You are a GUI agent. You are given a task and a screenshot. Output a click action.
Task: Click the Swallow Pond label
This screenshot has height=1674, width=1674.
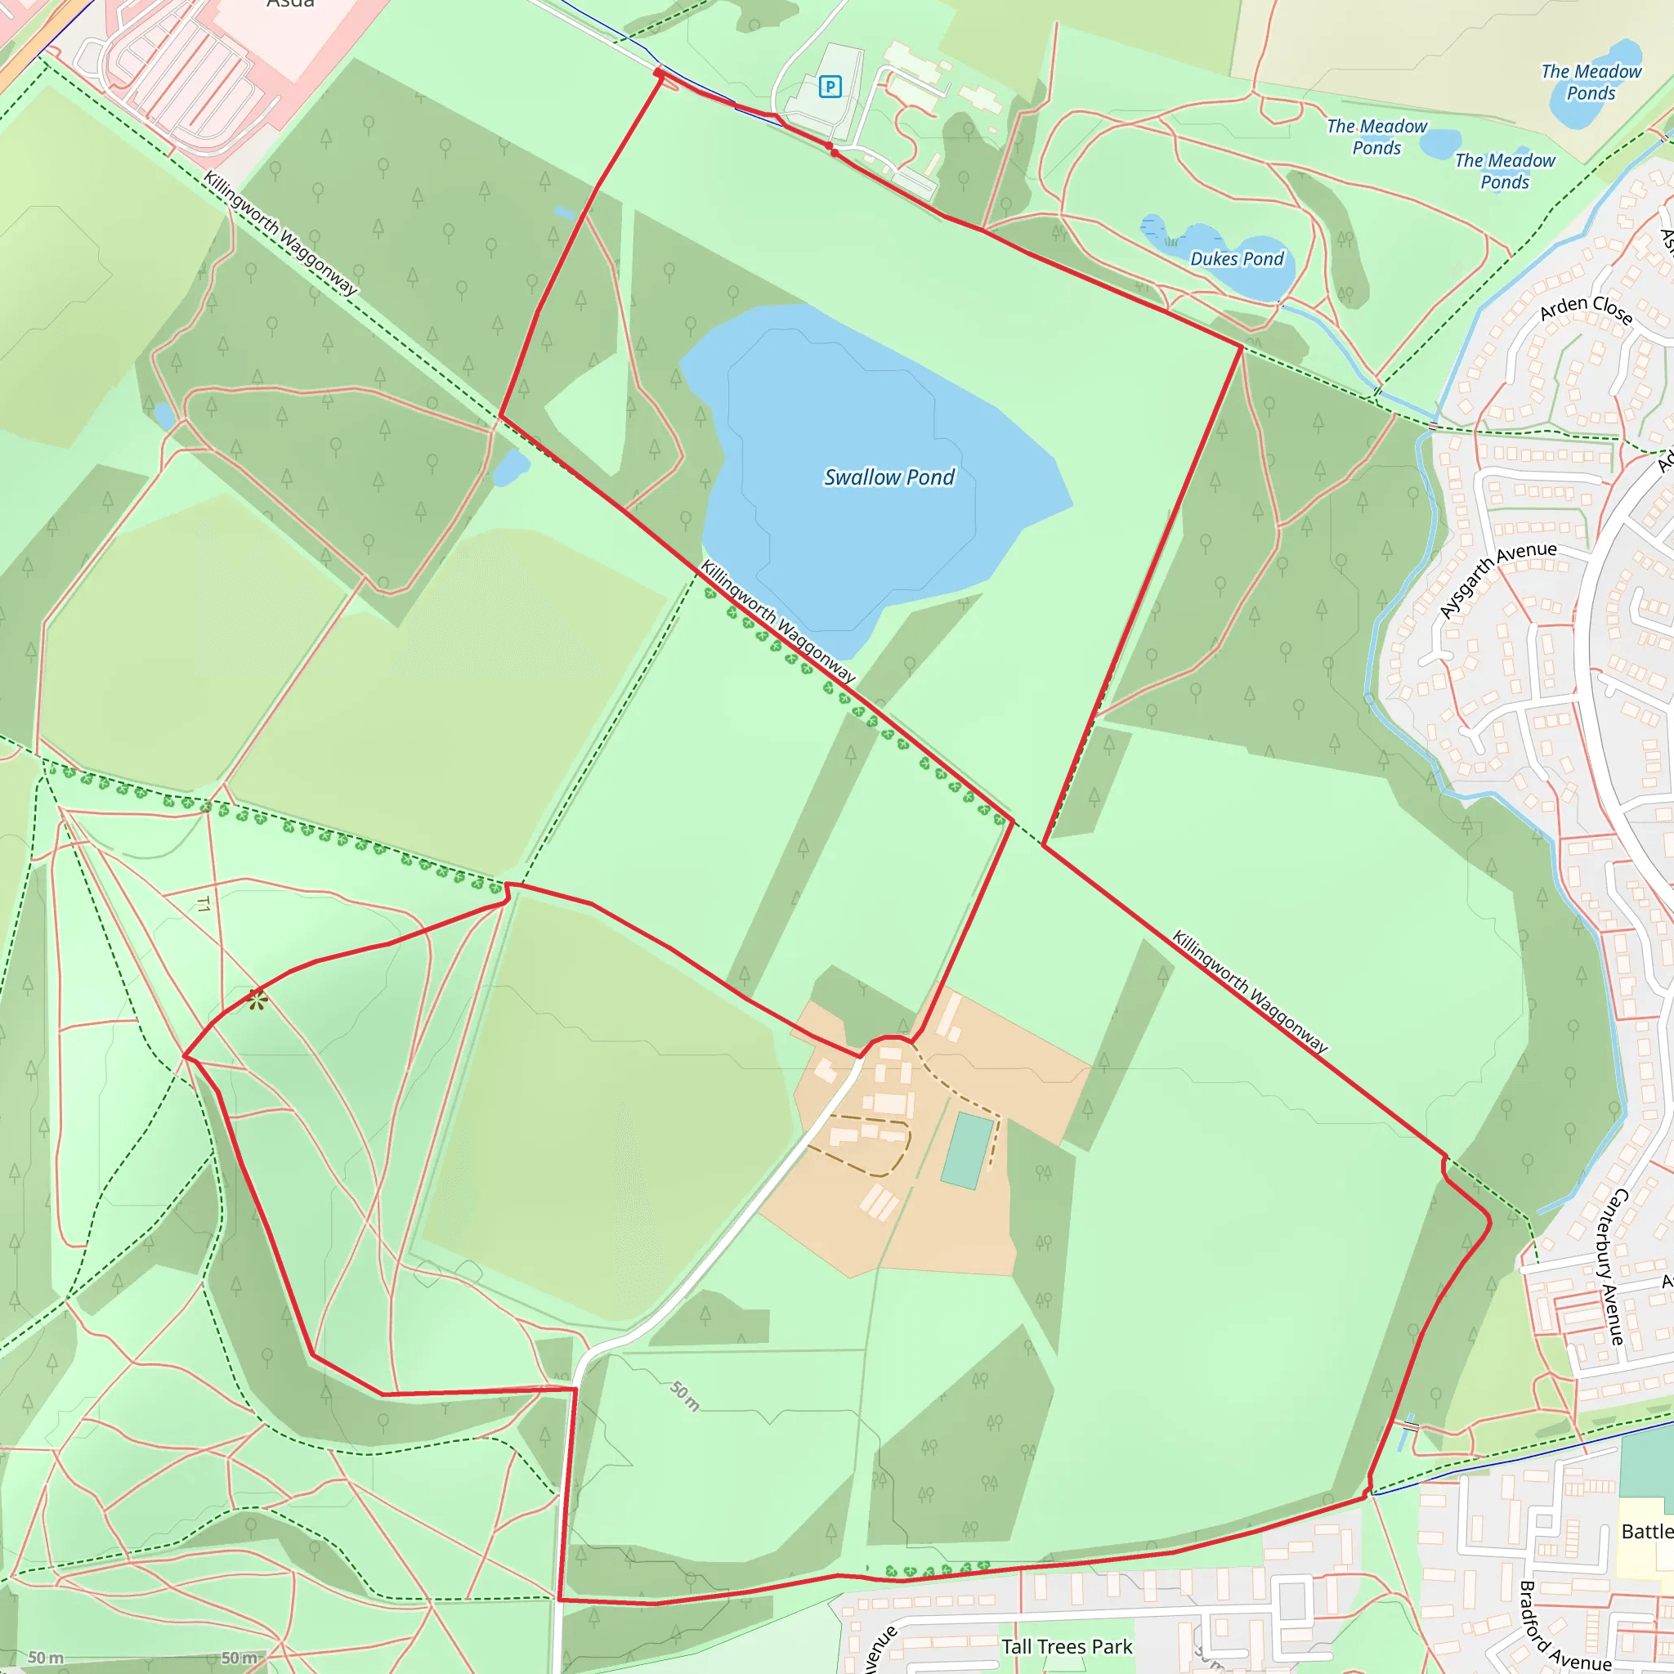tap(889, 477)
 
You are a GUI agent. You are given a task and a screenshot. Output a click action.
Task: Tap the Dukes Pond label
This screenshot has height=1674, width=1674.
tap(1237, 259)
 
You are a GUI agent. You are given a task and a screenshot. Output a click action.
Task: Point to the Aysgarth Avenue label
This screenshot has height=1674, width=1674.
tap(1497, 579)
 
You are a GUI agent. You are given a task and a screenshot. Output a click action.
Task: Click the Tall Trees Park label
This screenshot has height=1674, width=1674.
tap(1067, 1646)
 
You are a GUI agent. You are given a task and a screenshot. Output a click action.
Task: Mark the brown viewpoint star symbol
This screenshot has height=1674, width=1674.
tap(256, 1000)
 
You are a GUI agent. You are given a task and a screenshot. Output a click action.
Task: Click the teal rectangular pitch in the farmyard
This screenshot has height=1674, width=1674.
tap(968, 1151)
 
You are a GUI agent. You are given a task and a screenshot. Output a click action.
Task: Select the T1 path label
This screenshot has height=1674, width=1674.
tap(203, 905)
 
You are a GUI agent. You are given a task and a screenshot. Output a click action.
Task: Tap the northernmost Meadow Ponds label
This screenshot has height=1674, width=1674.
tap(1591, 83)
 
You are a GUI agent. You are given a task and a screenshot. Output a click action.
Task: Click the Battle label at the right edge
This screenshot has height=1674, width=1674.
tap(1646, 1531)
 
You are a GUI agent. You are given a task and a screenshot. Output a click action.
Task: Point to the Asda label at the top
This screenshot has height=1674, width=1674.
tap(290, 4)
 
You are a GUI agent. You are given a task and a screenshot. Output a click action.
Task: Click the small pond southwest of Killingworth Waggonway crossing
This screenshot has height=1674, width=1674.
tap(510, 468)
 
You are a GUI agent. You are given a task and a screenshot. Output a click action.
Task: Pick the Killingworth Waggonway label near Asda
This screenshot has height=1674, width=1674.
tap(280, 233)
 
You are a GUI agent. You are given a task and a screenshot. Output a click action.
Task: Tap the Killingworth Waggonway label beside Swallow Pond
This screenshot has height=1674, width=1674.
tap(777, 621)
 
